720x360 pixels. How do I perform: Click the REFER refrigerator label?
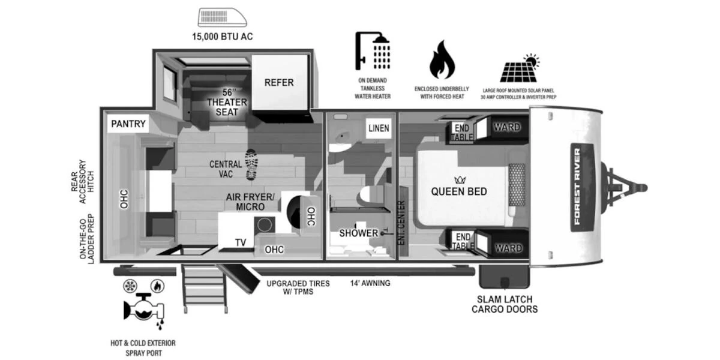279,82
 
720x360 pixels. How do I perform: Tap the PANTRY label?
128,124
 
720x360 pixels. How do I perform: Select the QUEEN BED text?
459,191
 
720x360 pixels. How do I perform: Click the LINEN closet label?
379,128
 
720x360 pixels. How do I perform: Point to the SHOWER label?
358,233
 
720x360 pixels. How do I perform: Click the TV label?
240,243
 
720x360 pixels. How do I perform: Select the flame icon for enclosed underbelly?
442,61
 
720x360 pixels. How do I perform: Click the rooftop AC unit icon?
223,18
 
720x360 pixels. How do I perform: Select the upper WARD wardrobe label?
506,127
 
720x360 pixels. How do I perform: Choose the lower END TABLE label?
462,241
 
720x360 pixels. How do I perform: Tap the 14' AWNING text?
370,283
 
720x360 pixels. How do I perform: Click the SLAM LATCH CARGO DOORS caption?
504,304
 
